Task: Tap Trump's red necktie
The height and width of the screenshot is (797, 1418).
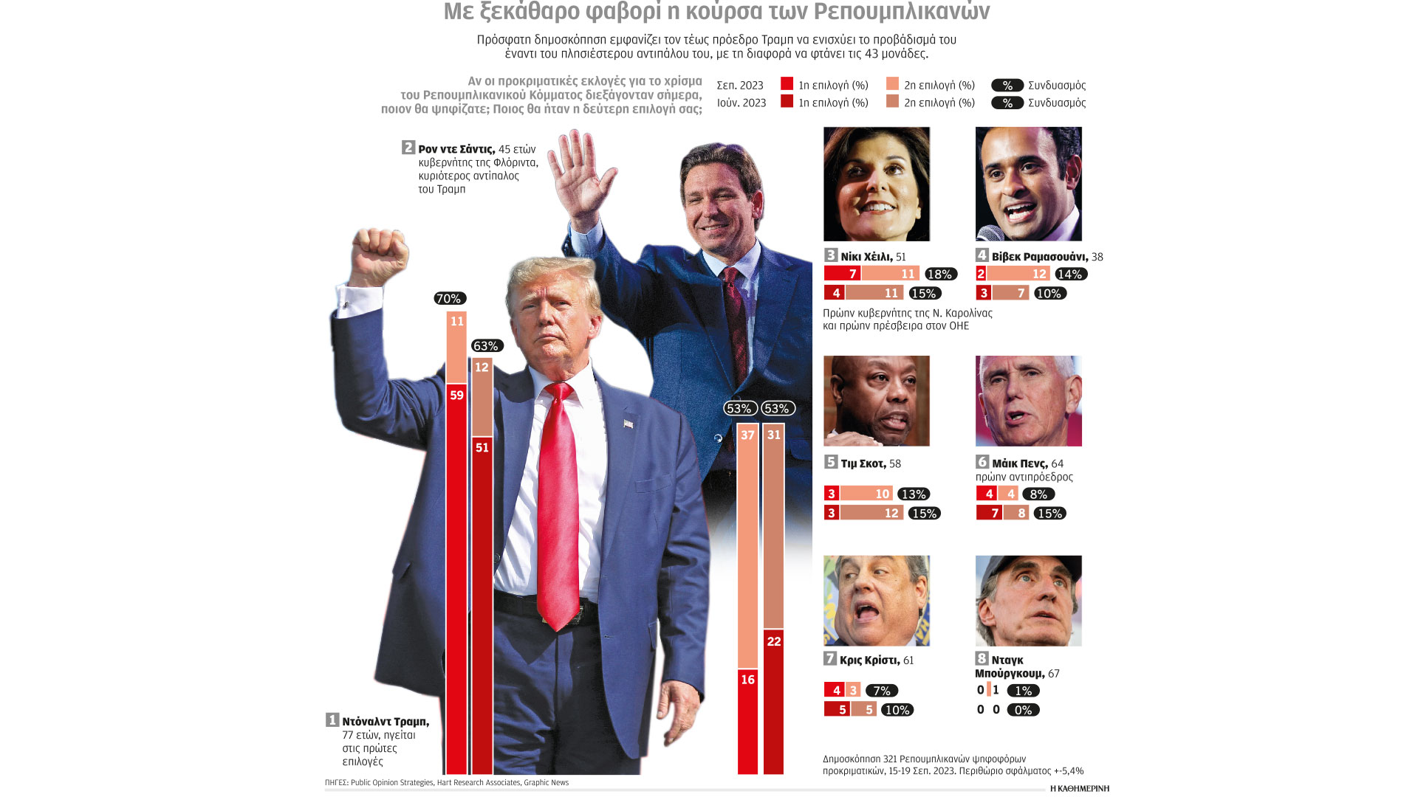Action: (558, 502)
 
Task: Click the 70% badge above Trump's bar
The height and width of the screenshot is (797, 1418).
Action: (449, 299)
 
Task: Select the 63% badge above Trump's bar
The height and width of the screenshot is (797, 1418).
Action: (486, 346)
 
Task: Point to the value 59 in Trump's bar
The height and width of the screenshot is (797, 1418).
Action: (456, 396)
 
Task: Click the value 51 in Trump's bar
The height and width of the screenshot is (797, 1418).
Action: (482, 448)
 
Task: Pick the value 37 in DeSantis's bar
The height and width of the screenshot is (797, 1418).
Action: (747, 435)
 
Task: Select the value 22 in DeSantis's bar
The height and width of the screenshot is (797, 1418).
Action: (773, 641)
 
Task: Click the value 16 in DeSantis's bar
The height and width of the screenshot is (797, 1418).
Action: (747, 680)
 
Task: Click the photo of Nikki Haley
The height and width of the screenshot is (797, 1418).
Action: (876, 184)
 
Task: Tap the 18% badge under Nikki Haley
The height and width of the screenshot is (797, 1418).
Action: (939, 275)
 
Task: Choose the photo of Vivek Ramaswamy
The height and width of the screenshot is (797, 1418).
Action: (1028, 184)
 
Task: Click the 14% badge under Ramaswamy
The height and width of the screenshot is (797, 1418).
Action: (1069, 275)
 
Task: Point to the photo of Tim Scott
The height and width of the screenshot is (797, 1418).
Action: (876, 401)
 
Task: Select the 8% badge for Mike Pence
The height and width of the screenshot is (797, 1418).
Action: (1038, 494)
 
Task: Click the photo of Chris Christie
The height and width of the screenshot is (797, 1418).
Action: (876, 601)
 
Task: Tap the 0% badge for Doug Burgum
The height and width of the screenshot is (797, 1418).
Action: (1023, 710)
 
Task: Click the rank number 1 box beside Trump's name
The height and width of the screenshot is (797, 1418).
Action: (332, 720)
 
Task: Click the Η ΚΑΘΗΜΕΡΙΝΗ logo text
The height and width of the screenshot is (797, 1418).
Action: (1079, 788)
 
